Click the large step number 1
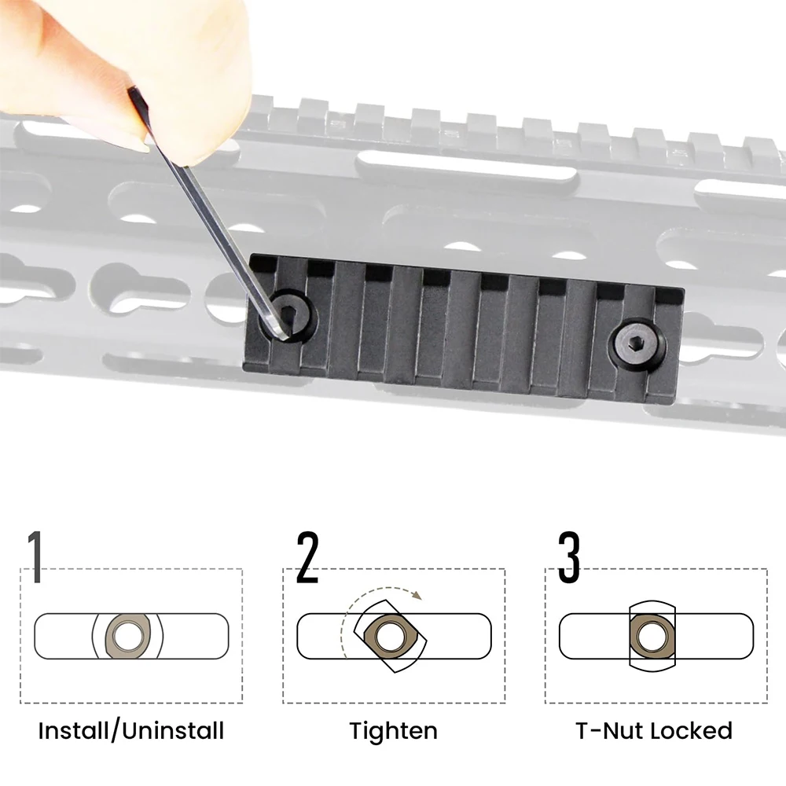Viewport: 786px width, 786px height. click(35, 557)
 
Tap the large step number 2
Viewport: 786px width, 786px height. click(307, 557)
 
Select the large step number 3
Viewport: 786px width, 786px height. click(569, 557)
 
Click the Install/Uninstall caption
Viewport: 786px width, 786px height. click(131, 731)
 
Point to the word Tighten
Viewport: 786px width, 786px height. click(394, 731)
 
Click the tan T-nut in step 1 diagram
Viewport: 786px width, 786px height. click(128, 636)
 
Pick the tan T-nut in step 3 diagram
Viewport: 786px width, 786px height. click(652, 637)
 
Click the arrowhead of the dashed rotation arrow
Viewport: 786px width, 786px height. click(417, 596)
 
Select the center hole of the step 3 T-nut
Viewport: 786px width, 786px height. click(652, 637)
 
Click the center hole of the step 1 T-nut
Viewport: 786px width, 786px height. click(128, 636)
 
